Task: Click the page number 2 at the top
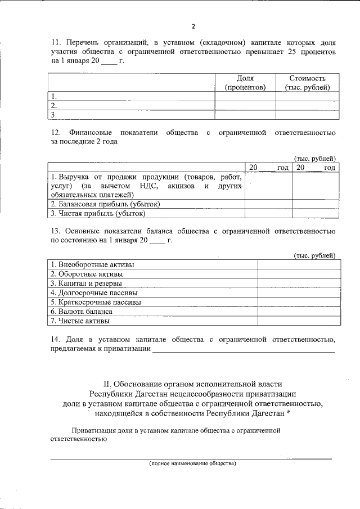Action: (193, 26)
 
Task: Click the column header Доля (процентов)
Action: (245, 83)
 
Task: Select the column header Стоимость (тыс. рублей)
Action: (307, 83)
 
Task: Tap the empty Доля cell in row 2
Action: (245, 105)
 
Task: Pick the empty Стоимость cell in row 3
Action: (307, 114)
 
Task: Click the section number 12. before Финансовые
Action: (56, 133)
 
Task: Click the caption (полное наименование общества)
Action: (192, 464)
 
